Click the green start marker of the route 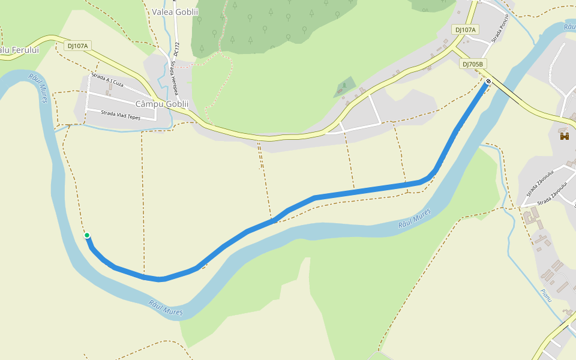point(87,235)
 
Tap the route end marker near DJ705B point(488,82)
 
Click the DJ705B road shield point(473,64)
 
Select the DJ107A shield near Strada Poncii point(465,29)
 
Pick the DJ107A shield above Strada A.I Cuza point(77,46)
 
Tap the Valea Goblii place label point(175,12)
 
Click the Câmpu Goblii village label point(162,104)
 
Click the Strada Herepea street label point(173,76)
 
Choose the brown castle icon point(565,137)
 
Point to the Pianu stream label point(545,295)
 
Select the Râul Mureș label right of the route point(415,220)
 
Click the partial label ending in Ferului point(18,50)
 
